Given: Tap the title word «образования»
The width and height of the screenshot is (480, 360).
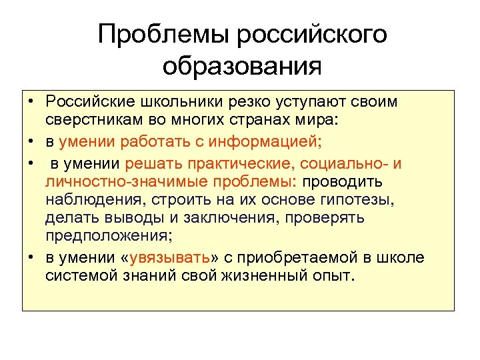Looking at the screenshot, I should coord(241,66).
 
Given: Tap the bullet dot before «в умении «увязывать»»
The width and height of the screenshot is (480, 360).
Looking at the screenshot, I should coord(31,259).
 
